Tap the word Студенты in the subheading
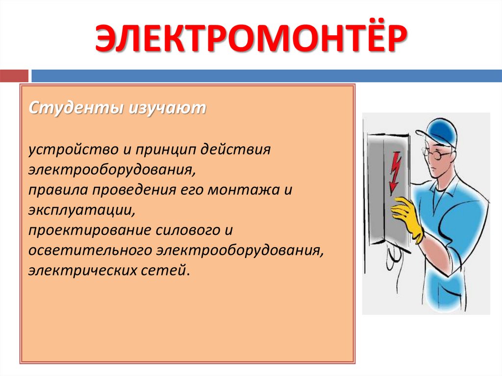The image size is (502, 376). [x=76, y=108]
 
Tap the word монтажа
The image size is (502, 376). [x=244, y=190]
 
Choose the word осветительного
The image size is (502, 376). [x=90, y=251]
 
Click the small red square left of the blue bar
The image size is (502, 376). [x=14, y=76]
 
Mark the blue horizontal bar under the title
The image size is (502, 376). [x=267, y=76]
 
